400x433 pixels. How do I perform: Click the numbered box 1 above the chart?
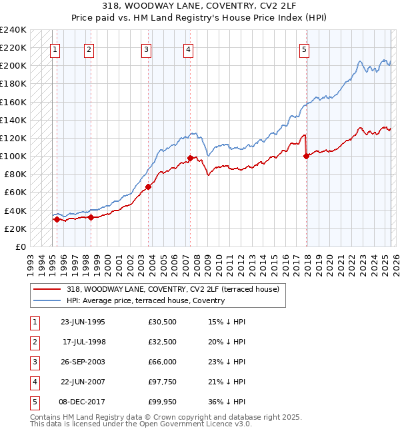click(x=55, y=49)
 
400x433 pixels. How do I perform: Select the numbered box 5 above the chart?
click(x=304, y=49)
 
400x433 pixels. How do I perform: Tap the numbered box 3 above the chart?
click(x=146, y=49)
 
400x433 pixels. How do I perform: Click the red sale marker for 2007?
click(x=190, y=158)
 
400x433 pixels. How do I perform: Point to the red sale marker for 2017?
click(x=307, y=156)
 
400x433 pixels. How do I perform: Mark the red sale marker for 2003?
click(x=149, y=187)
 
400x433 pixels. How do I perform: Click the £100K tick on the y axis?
click(x=14, y=157)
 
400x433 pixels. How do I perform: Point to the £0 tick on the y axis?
click(x=21, y=246)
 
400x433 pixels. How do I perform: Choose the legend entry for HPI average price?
click(x=145, y=300)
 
